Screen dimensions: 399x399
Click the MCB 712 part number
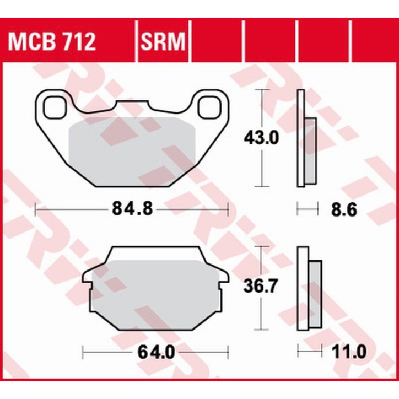[51, 41]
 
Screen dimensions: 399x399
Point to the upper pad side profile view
[306, 138]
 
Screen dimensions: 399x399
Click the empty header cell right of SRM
[216, 41]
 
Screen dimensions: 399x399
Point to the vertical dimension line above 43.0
[263, 107]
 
